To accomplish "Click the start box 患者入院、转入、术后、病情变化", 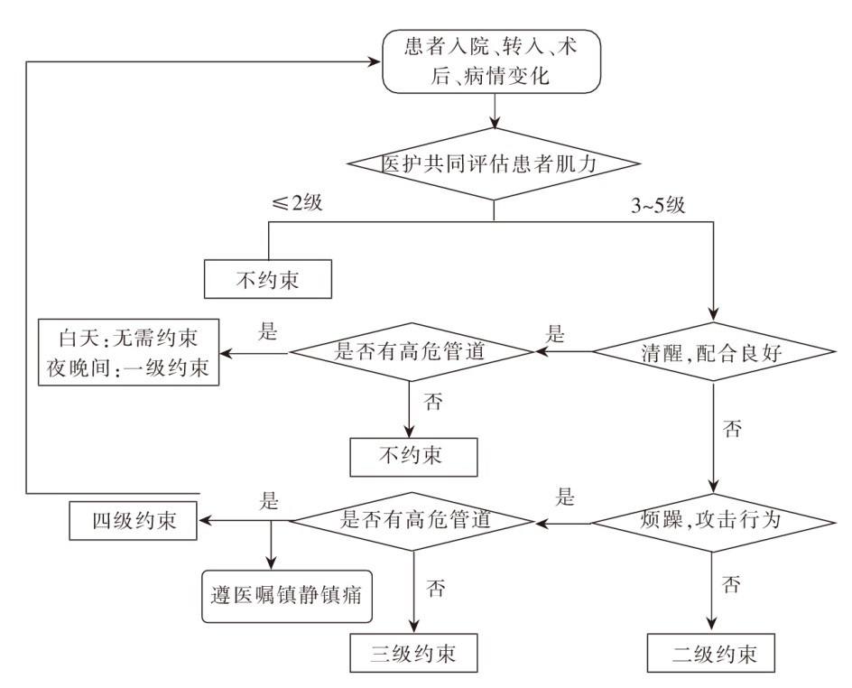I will tap(493, 61).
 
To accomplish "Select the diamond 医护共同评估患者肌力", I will tap(495, 163).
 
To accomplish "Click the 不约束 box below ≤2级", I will tap(267, 280).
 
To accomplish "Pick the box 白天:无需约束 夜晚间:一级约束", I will tap(129, 352).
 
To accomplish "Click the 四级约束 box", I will tap(133, 521).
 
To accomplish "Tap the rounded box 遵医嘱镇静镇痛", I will tap(286, 595).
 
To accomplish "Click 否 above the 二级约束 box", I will tap(734, 585).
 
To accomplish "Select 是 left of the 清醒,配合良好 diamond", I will tap(555, 331).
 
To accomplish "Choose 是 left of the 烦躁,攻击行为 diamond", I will tap(566, 496).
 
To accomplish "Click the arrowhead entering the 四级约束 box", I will tap(204, 521).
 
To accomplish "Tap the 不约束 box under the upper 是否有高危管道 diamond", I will tap(412, 454).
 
